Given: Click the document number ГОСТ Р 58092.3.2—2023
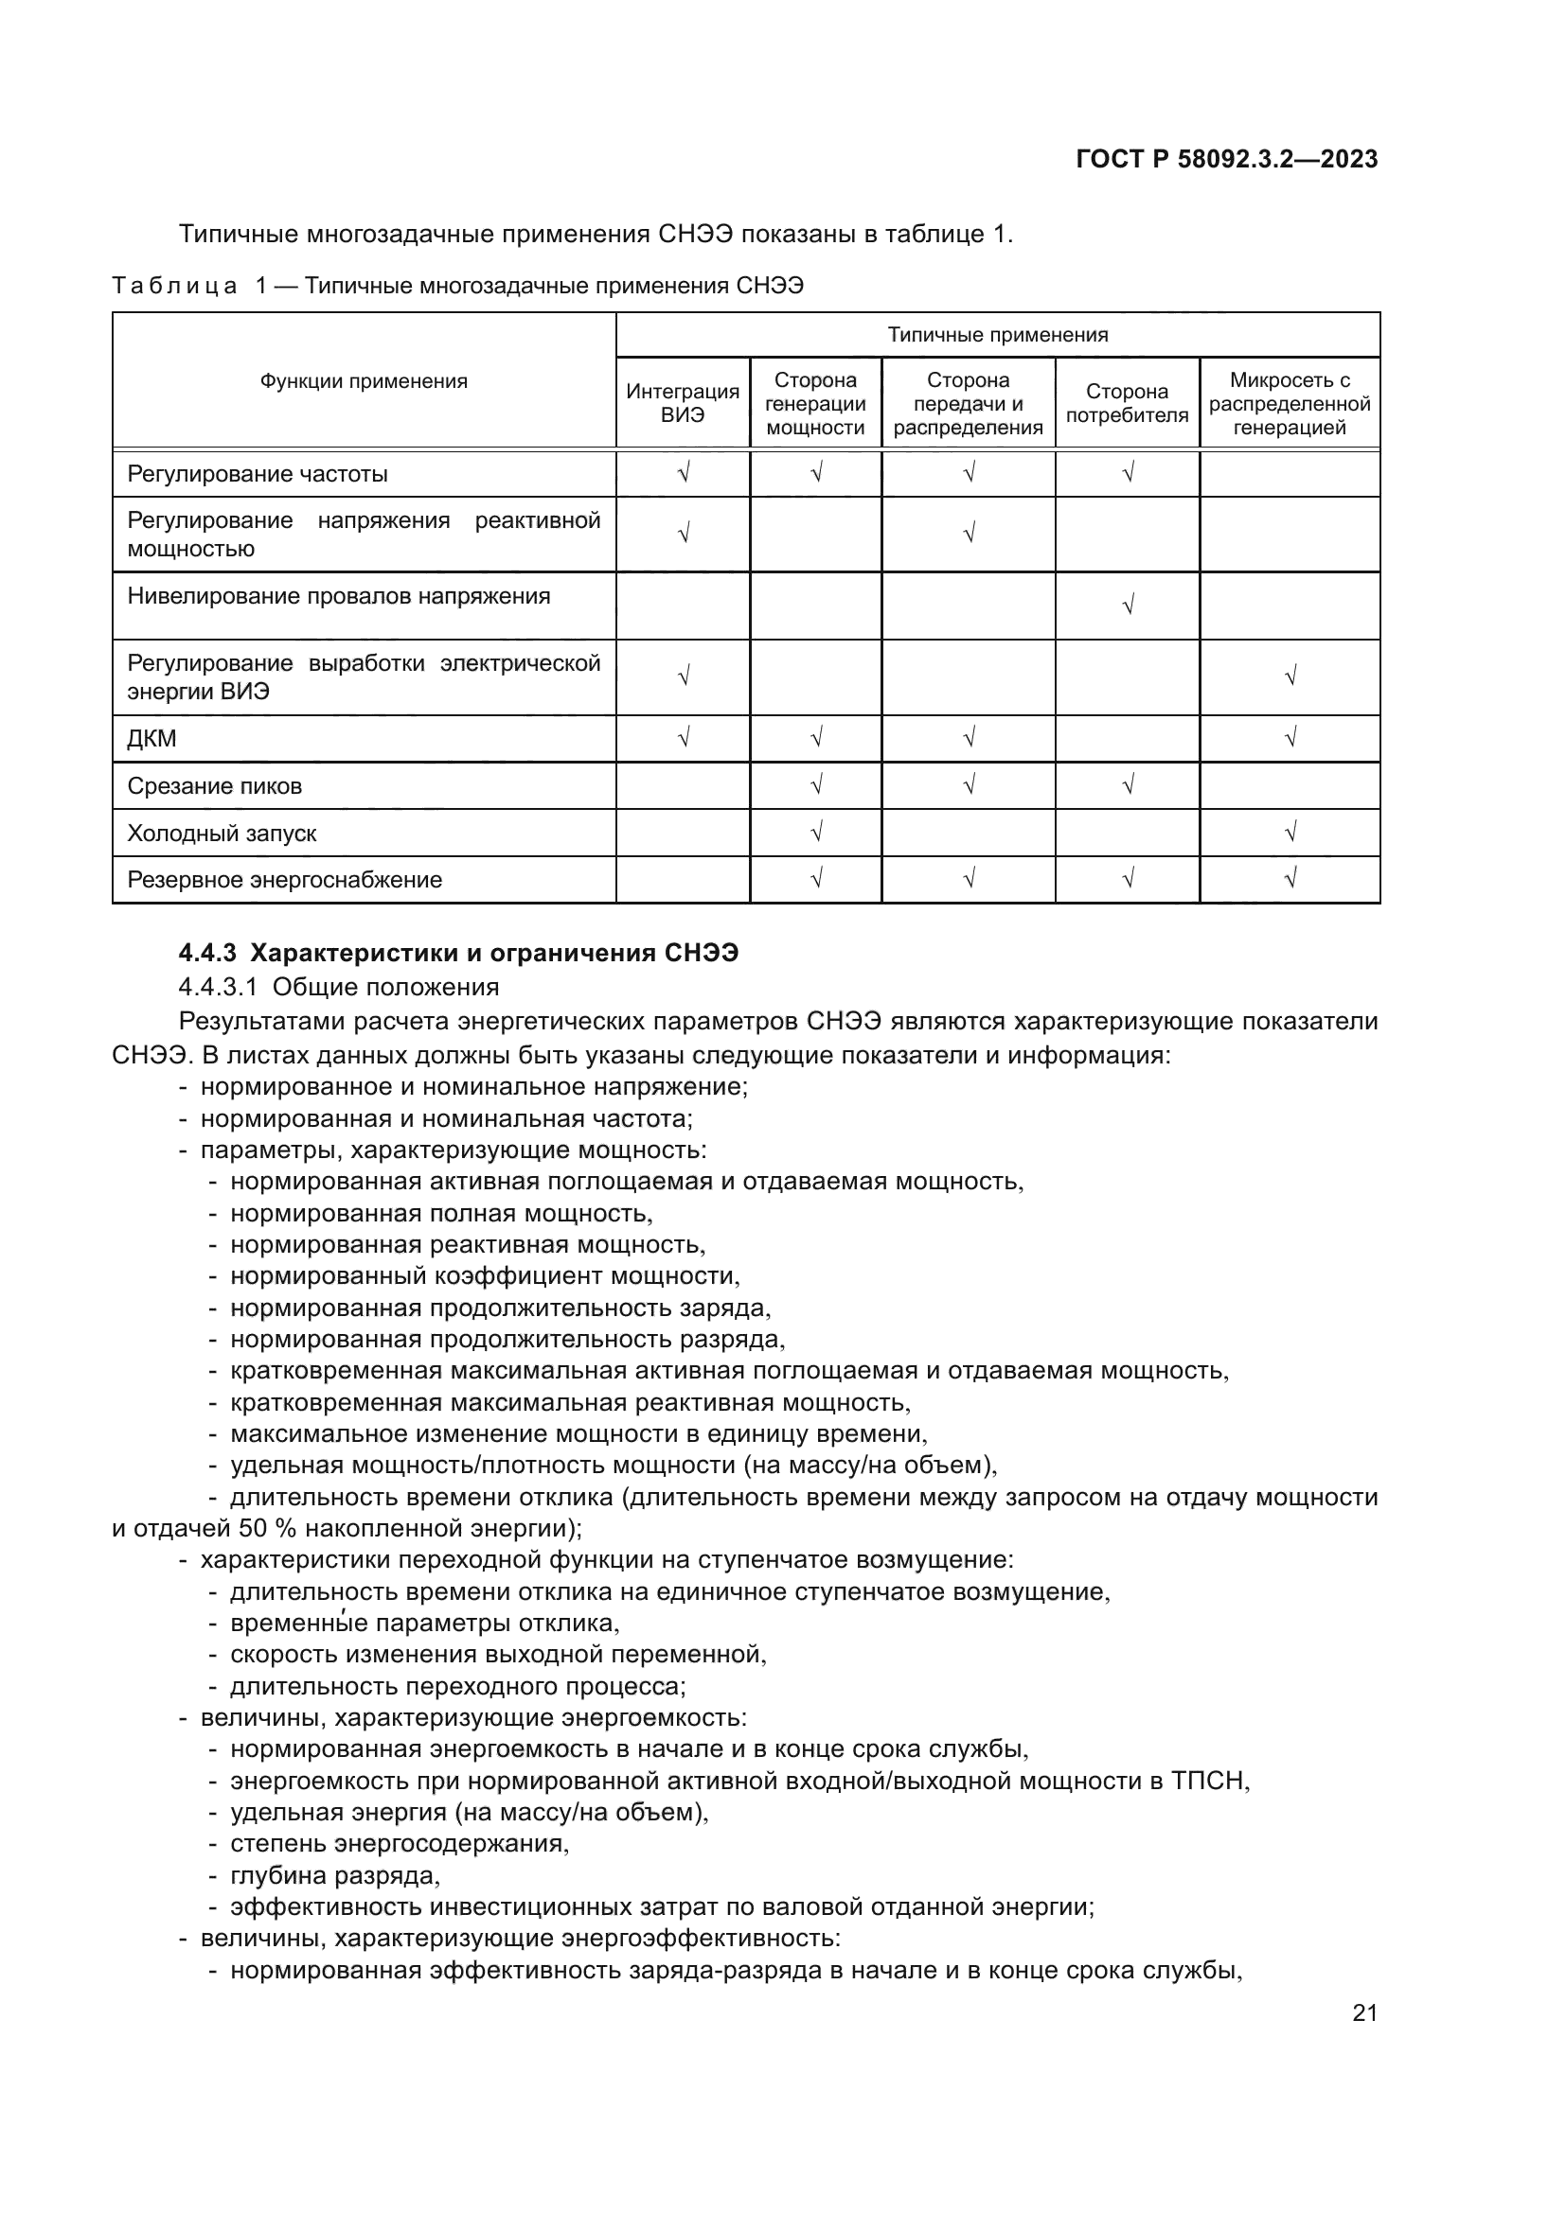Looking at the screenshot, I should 1225,160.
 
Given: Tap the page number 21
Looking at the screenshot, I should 1364,2013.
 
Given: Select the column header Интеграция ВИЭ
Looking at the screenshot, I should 683,403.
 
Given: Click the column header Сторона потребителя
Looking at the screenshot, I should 1127,403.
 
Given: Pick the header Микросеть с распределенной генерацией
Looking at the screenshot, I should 1290,404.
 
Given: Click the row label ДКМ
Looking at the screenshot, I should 152,739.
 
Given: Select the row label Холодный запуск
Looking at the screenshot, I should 222,834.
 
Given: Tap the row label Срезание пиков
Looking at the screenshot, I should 214,786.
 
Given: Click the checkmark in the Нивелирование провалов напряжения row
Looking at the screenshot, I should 1128,606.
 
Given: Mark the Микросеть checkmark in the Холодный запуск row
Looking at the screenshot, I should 1290,832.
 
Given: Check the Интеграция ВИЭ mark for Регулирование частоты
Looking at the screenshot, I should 683,472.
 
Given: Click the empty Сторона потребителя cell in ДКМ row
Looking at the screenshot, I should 1127,739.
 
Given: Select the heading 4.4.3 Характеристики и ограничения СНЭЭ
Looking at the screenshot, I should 459,954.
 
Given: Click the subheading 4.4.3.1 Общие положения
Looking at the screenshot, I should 340,987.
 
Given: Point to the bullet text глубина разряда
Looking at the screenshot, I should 334,1875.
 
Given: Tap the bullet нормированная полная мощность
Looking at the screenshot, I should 441,1214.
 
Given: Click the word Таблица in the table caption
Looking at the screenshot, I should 174,287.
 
